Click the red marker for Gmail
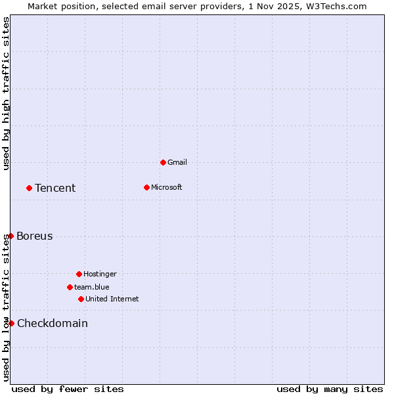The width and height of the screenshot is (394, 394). click(x=163, y=162)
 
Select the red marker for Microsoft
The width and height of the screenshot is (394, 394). click(x=146, y=187)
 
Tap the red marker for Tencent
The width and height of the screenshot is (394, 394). click(x=29, y=188)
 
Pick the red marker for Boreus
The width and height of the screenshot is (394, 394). click(x=11, y=236)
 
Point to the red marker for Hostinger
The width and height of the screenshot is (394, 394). click(x=79, y=274)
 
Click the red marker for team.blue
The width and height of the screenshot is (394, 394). click(x=70, y=287)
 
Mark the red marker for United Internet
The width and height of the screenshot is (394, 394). click(x=81, y=299)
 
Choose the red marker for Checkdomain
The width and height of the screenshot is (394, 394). click(x=11, y=323)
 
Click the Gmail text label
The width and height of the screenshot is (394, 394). click(x=177, y=162)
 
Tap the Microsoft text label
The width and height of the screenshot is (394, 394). click(x=167, y=187)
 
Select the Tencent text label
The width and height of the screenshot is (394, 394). click(x=55, y=188)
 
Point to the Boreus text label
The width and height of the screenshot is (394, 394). click(x=35, y=236)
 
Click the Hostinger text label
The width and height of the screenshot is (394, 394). click(x=100, y=274)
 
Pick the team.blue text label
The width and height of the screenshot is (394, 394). click(x=92, y=287)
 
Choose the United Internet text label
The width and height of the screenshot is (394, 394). click(x=112, y=299)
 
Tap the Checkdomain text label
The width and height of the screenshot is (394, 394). click(x=53, y=324)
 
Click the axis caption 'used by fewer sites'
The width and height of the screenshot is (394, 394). click(x=68, y=389)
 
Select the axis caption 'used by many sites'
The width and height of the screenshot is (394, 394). click(x=330, y=389)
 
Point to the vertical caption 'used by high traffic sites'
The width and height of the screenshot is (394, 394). click(x=6, y=93)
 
